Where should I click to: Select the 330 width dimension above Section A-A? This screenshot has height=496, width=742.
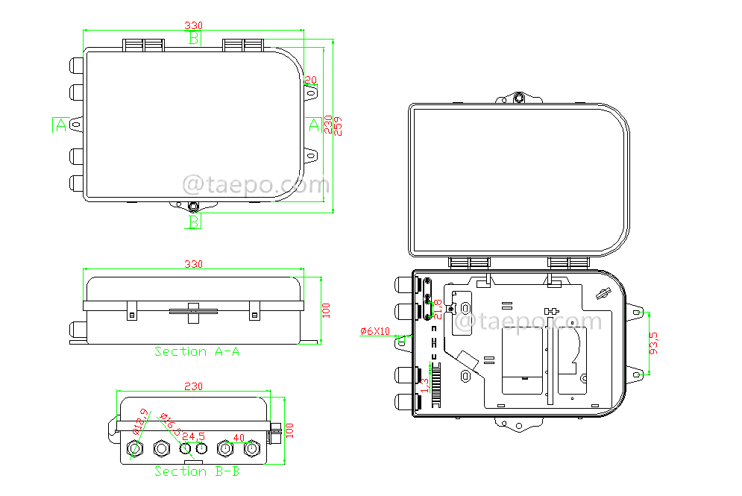194,264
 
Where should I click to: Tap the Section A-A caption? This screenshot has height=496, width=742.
197,351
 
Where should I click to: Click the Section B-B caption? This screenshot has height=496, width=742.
197,471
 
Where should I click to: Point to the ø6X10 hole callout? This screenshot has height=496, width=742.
374,330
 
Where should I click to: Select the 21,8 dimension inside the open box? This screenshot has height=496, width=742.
438,310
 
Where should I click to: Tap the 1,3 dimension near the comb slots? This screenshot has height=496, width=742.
425,386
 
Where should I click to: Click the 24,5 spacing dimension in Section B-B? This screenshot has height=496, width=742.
194,436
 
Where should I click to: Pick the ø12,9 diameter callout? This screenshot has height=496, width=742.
139,422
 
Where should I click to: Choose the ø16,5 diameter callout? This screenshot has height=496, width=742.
172,426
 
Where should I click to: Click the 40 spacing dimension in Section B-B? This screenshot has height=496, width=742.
239,438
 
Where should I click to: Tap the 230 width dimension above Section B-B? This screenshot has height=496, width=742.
194,386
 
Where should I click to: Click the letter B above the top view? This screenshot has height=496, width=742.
194,38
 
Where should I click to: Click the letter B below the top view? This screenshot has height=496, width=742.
193,222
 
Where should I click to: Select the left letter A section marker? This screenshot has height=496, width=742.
60,125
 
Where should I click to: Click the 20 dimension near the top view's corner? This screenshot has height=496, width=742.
312,80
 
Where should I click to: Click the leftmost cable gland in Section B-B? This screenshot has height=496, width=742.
136,449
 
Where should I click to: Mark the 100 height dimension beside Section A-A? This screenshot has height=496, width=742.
325,310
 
